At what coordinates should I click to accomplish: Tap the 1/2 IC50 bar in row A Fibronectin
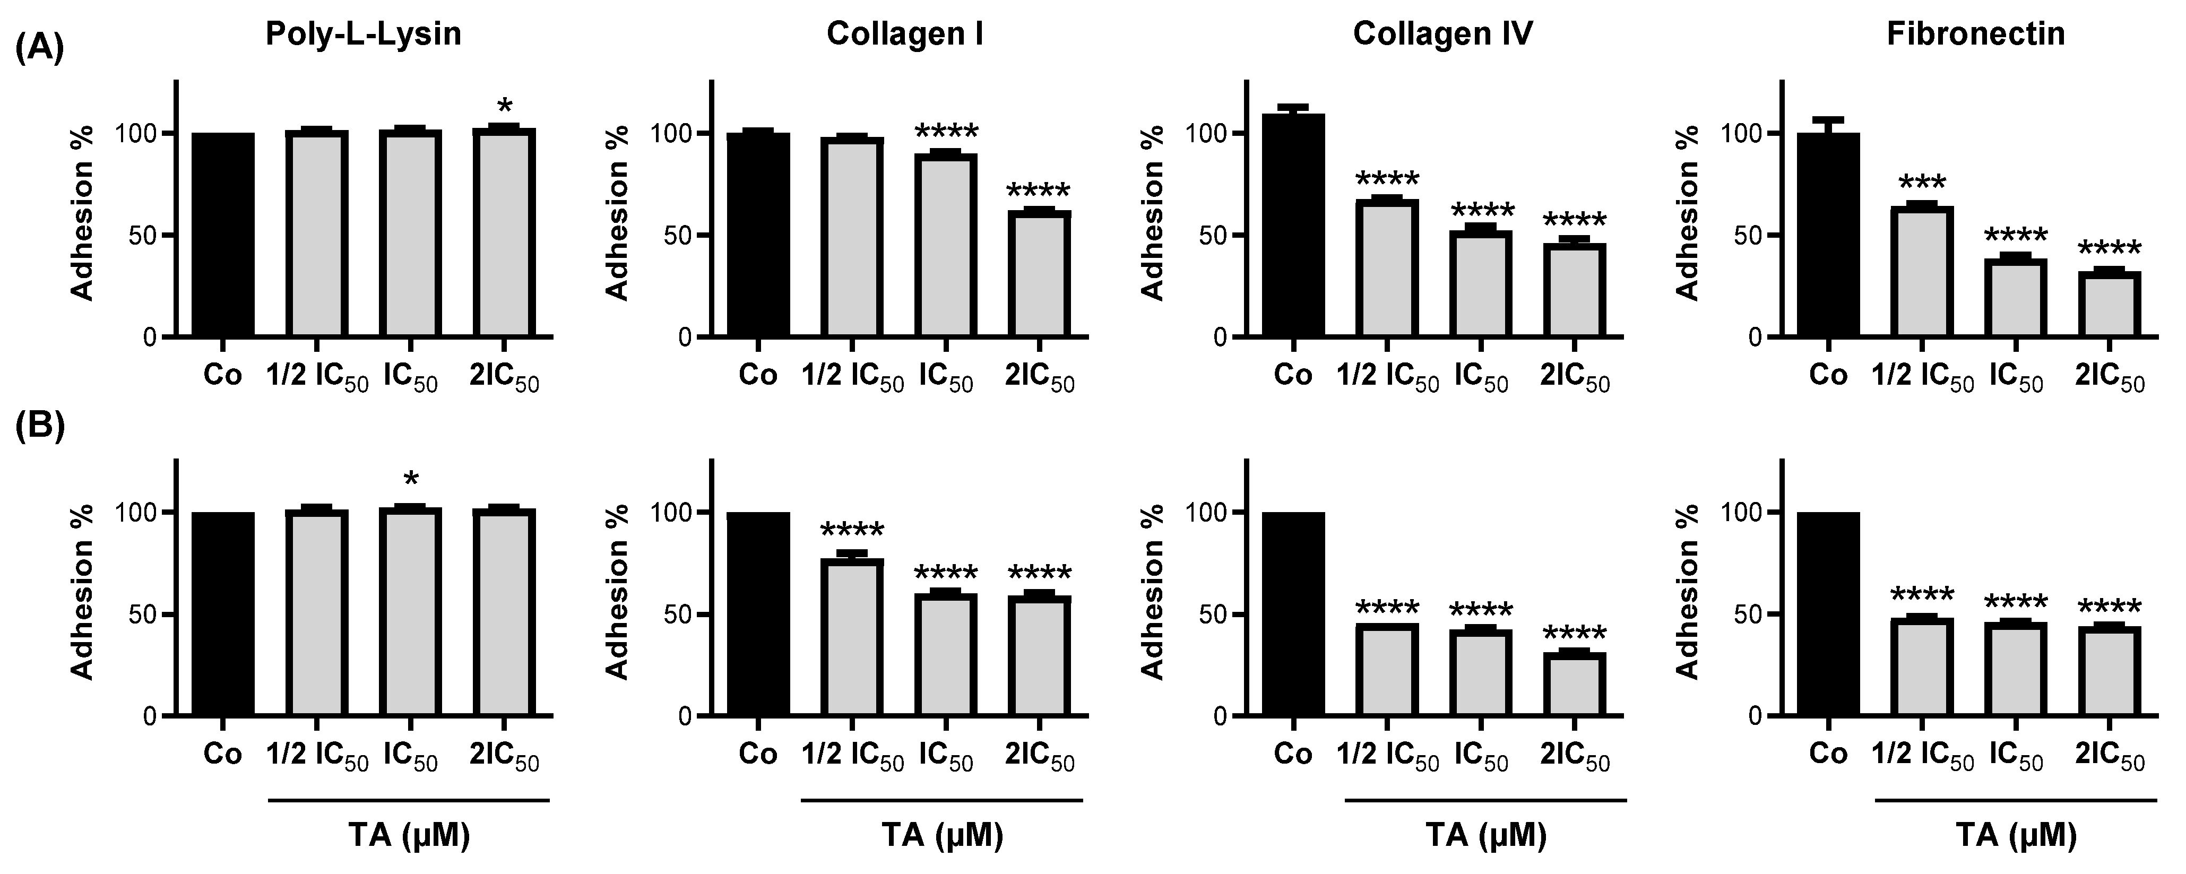pyautogui.click(x=1921, y=272)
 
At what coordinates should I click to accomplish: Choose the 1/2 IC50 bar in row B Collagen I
pyautogui.click(x=852, y=637)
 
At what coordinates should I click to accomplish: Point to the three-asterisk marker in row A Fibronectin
pyautogui.click(x=1922, y=183)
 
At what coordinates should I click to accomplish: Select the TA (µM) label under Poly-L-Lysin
pyautogui.click(x=409, y=837)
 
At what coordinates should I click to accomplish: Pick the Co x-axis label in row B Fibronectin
pyautogui.click(x=1828, y=754)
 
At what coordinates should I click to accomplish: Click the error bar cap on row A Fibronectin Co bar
pyautogui.click(x=1828, y=119)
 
